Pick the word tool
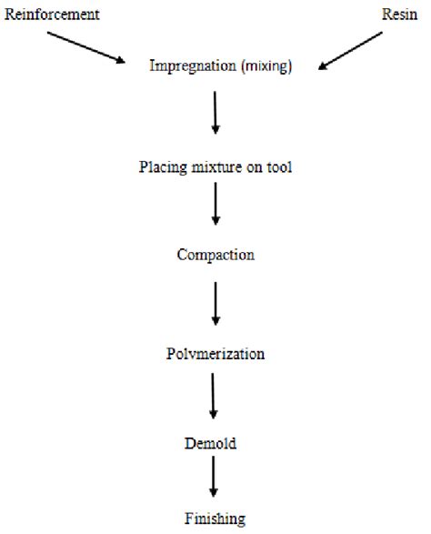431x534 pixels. (278, 166)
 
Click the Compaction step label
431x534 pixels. (215, 255)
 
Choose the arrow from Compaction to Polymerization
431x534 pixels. (215, 304)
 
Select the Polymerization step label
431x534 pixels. (215, 352)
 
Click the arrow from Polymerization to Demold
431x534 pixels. (215, 395)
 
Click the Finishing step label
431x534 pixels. (215, 520)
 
